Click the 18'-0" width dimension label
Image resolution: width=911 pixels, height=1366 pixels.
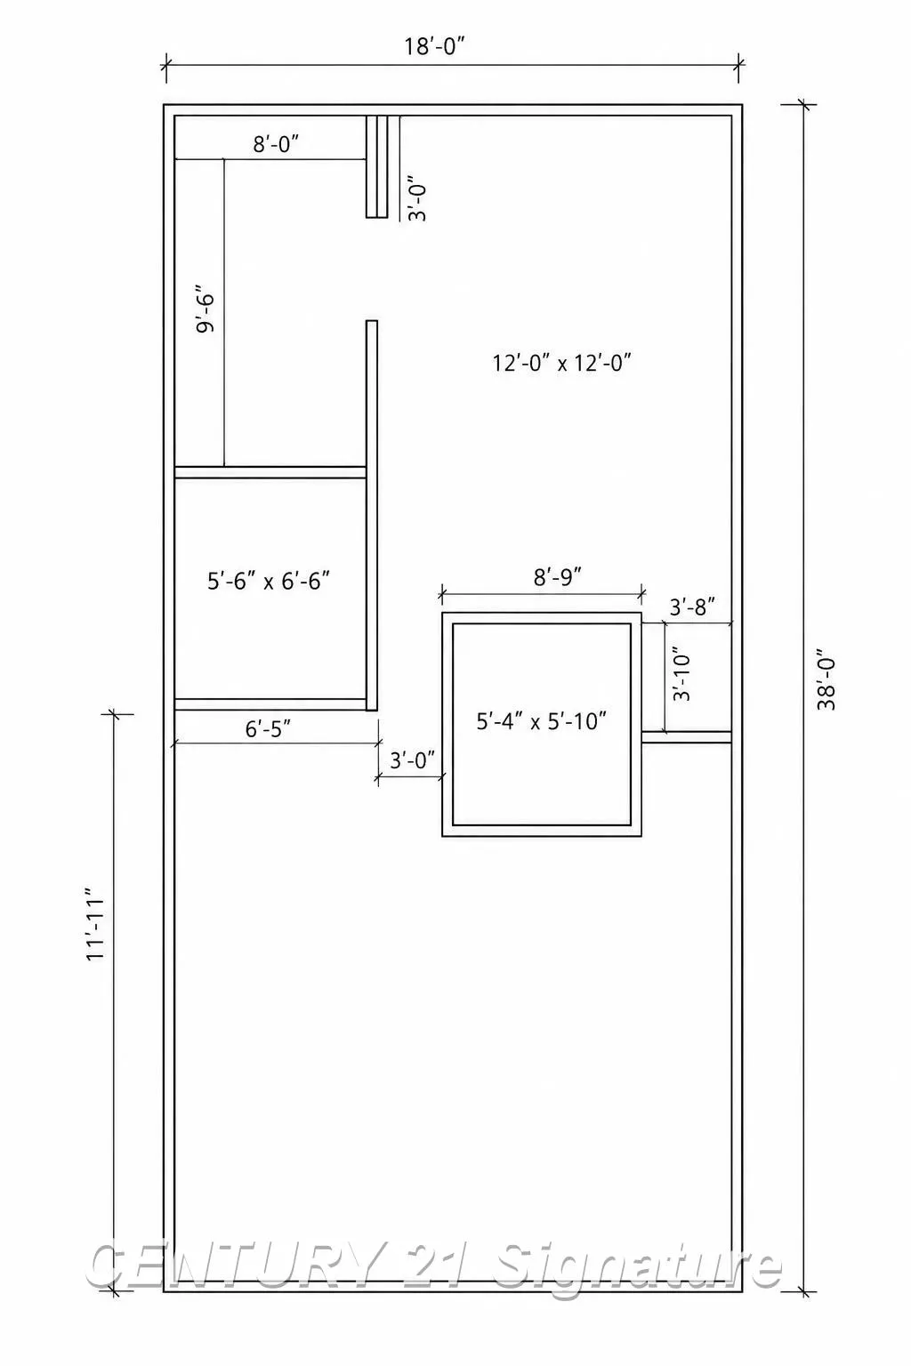[439, 46]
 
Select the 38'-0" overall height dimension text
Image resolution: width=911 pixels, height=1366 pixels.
[826, 682]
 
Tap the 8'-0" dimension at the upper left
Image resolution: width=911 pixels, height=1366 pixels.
[276, 145]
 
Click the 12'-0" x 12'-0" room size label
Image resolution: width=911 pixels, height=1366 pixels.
[561, 363]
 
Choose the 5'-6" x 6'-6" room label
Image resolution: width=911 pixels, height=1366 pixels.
[269, 581]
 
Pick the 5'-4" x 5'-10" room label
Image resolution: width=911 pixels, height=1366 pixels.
[541, 721]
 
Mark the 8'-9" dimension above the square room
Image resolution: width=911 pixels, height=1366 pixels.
[558, 575]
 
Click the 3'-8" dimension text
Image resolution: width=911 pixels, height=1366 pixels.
[692, 607]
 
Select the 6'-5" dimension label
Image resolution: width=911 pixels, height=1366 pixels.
[268, 728]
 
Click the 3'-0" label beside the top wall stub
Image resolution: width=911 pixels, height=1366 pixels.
[416, 198]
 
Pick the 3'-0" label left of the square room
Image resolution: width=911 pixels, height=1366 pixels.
[413, 760]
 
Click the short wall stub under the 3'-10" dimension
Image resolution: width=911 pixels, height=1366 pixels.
[687, 737]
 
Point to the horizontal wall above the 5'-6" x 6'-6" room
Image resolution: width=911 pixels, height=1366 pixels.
[270, 472]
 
